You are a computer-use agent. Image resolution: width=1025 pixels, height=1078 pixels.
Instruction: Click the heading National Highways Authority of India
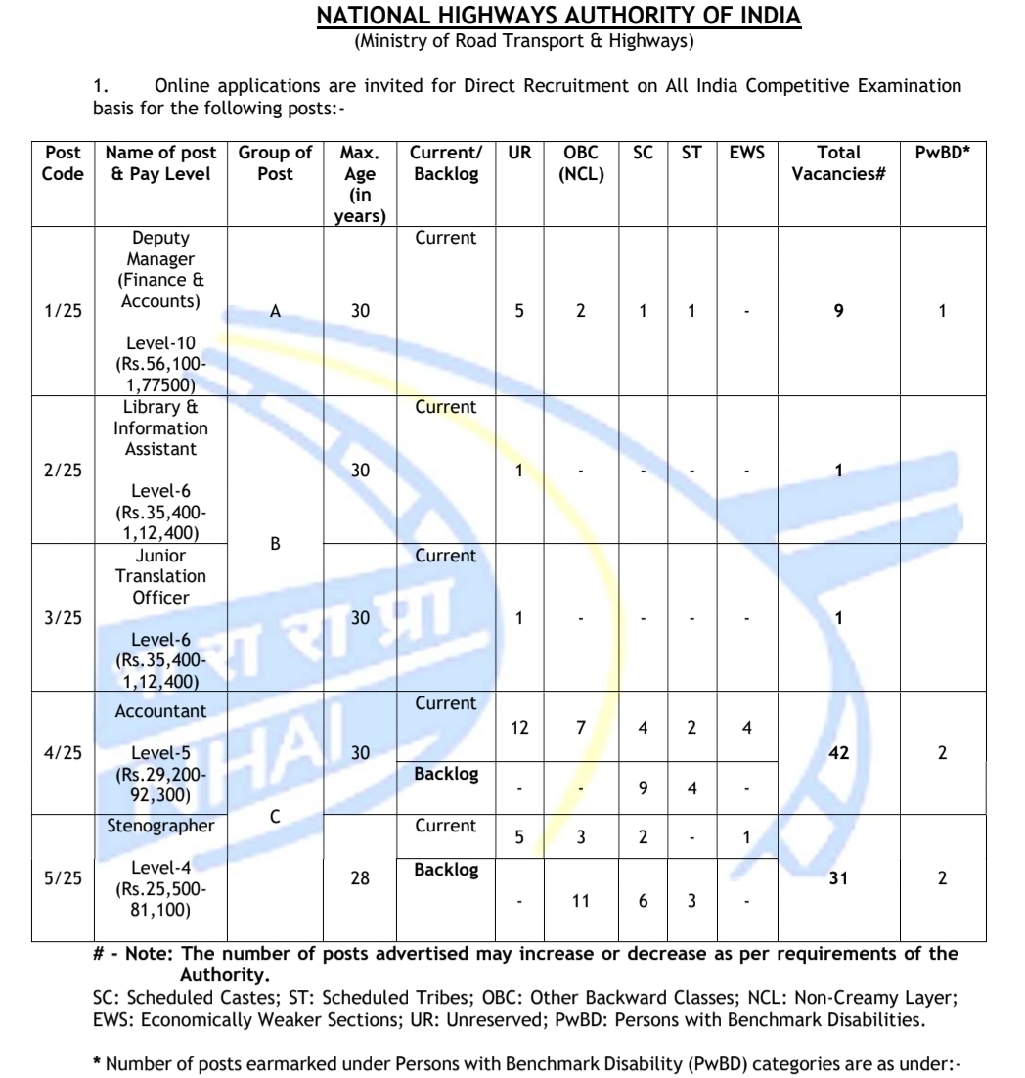558,18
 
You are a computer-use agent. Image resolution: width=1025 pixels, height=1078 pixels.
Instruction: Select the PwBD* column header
941,153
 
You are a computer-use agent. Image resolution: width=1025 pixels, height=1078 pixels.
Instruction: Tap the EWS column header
746,153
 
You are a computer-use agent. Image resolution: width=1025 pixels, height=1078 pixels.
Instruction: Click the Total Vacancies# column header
838,163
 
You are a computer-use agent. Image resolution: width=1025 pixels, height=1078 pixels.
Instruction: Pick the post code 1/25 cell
63,311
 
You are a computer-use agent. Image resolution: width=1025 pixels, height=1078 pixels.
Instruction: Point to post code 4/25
63,753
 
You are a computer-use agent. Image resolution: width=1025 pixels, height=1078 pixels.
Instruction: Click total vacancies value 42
838,753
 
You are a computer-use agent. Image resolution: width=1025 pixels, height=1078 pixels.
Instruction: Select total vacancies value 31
838,878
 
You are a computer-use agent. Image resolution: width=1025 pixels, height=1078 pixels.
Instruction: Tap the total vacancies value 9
838,311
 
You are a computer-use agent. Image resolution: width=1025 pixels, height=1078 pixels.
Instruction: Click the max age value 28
361,878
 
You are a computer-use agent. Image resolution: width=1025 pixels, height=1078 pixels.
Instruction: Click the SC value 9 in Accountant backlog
644,788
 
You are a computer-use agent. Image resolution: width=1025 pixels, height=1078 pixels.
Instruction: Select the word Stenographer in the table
160,827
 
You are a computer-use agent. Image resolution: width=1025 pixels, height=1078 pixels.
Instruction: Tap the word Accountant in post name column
160,711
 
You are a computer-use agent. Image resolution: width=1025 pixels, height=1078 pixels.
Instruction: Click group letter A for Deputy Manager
275,311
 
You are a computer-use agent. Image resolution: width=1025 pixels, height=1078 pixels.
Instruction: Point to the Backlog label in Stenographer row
446,869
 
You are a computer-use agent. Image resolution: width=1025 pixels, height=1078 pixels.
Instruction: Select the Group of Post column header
275,163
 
